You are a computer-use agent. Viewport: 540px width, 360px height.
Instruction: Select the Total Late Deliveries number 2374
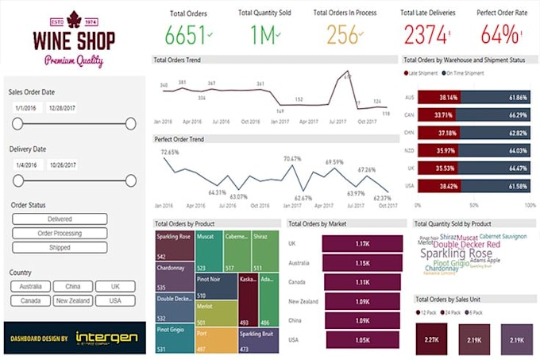tap(427, 36)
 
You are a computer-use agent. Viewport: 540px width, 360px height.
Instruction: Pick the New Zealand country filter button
tap(72, 300)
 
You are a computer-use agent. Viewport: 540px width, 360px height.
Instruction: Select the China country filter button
tap(72, 286)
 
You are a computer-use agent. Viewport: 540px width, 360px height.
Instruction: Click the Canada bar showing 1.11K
tap(362, 282)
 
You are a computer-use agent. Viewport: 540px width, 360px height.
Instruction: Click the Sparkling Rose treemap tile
tap(174, 247)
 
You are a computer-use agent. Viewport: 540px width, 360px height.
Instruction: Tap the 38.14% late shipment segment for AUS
tap(438, 97)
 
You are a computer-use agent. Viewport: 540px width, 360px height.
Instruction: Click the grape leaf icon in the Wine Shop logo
tap(74, 19)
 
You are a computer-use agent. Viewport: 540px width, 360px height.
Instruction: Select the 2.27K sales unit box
tap(433, 339)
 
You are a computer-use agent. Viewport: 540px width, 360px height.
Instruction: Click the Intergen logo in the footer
tap(106, 339)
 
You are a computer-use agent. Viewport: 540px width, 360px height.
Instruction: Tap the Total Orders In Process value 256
tap(341, 36)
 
